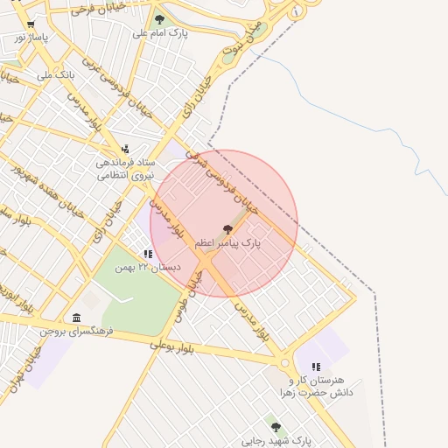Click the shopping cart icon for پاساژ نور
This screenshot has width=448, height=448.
point(31,24)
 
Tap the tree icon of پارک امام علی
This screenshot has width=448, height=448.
point(158,18)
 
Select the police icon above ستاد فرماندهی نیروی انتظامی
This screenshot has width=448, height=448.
point(127,149)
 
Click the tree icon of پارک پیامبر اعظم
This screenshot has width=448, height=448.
point(228,228)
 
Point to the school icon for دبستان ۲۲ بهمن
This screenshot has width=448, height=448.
point(149,255)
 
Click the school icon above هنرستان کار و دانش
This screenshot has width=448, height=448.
point(316,367)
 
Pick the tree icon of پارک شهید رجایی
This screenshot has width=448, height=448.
point(276,427)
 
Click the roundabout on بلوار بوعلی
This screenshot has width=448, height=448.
point(283,361)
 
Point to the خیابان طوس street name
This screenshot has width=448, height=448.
point(193,294)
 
